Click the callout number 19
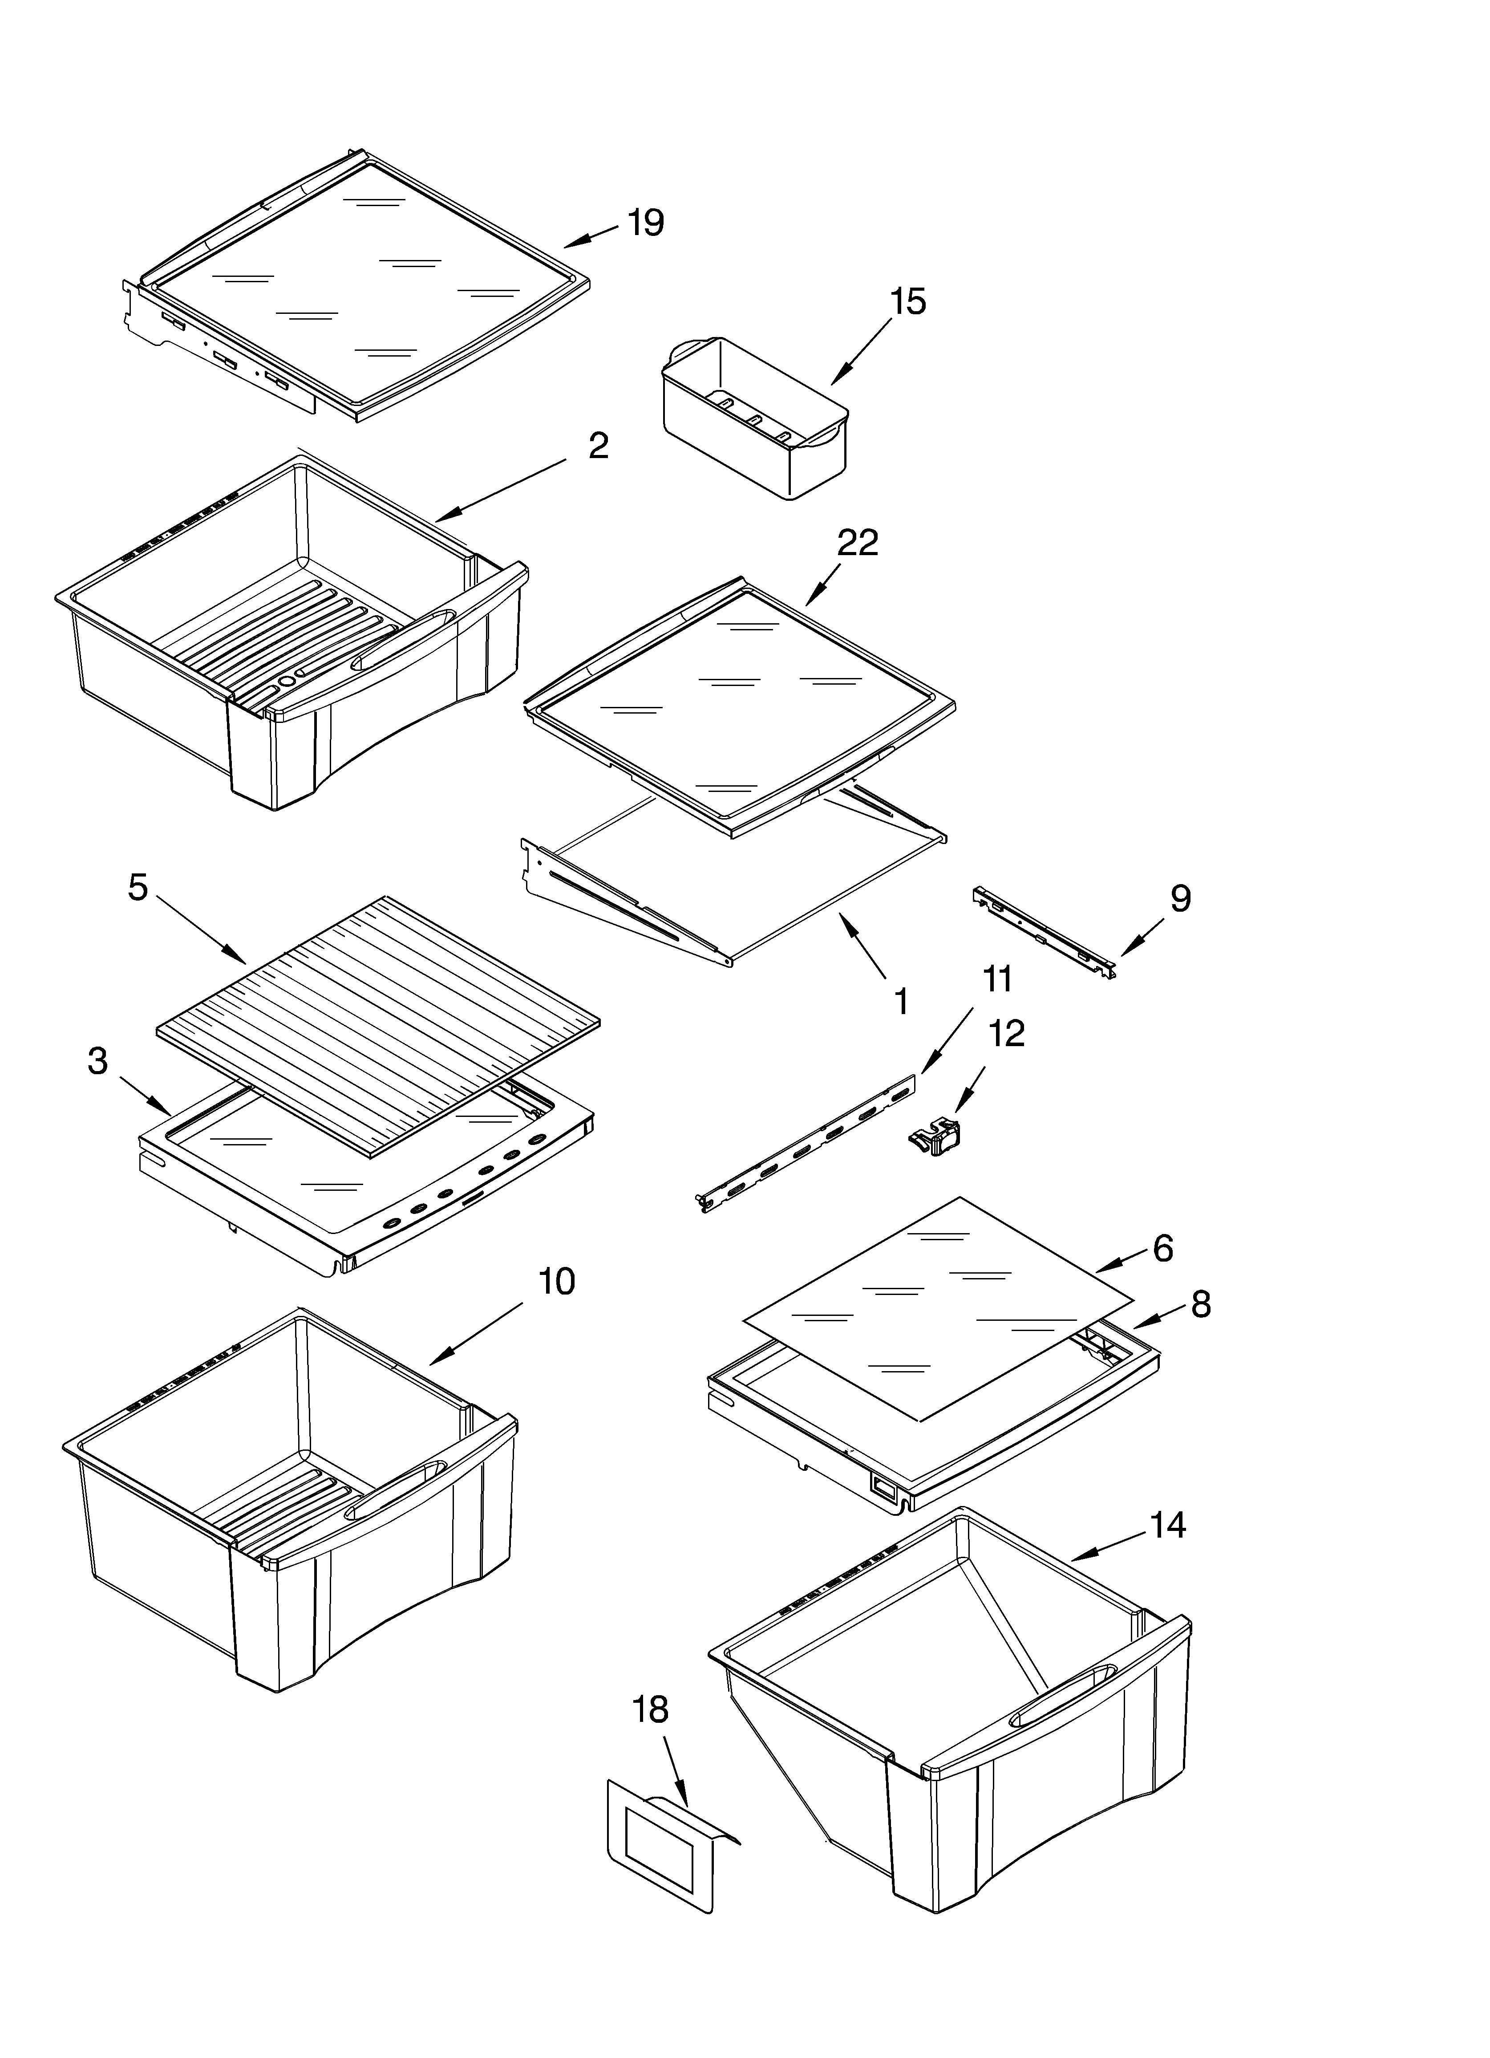pyautogui.click(x=646, y=222)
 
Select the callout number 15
pyautogui.click(x=907, y=301)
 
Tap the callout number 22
pyautogui.click(x=858, y=543)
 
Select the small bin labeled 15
pyautogui.click(x=755, y=418)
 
